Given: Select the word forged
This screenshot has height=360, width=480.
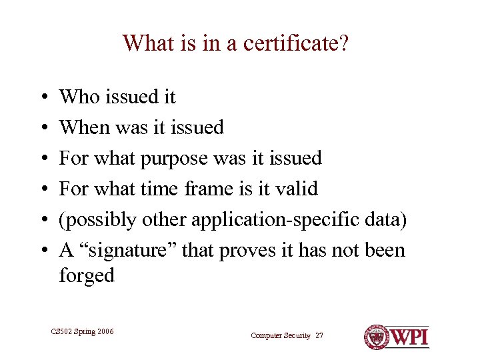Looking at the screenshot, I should point(87,275).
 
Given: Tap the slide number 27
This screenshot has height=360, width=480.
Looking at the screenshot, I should point(319,336).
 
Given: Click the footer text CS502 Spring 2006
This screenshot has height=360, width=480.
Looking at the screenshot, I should point(82,331).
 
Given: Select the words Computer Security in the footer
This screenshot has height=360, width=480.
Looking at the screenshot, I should point(281,336).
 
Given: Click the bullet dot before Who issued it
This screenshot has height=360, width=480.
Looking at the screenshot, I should point(42,97).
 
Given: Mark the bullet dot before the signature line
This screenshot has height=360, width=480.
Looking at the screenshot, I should point(42,251).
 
